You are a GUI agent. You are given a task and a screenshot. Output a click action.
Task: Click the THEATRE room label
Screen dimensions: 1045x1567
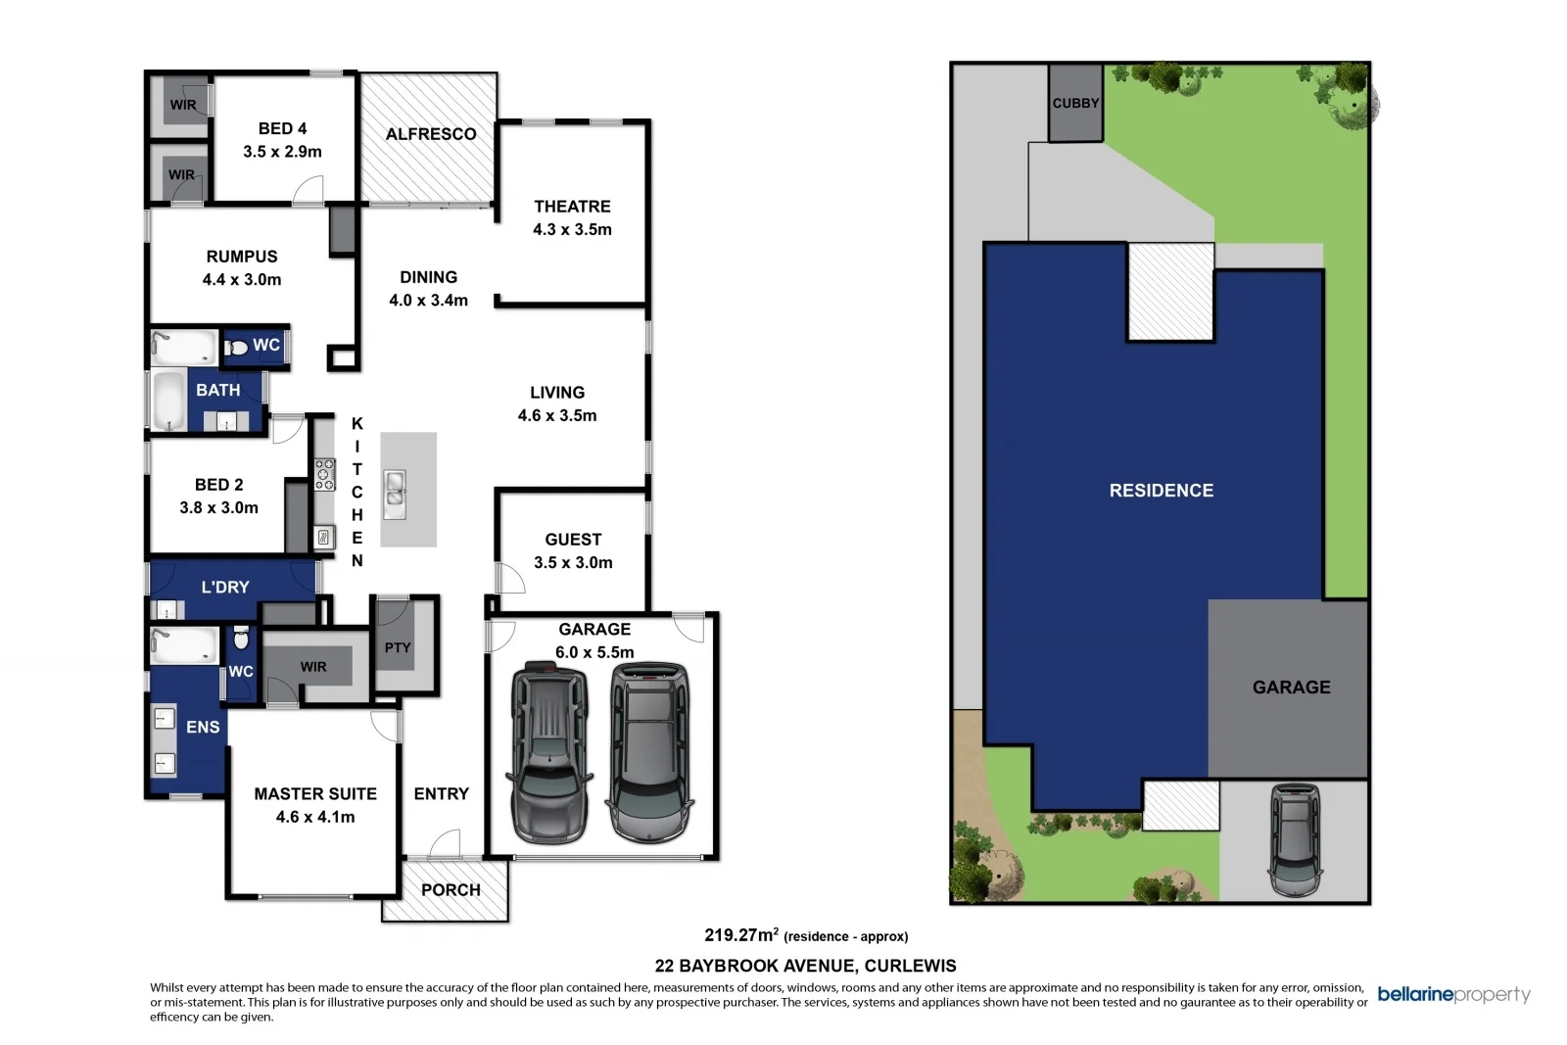click(572, 207)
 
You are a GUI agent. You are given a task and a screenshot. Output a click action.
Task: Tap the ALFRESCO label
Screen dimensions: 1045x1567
click(431, 134)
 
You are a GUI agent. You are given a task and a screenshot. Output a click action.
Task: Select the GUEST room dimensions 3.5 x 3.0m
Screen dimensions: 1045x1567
click(573, 562)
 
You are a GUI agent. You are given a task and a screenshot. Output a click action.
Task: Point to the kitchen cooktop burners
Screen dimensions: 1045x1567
click(324, 475)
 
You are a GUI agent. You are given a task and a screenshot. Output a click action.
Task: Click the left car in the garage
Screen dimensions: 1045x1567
click(549, 752)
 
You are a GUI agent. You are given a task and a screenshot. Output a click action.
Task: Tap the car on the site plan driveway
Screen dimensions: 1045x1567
click(1294, 839)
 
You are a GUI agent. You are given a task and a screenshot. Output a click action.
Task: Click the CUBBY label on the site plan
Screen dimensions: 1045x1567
click(1075, 103)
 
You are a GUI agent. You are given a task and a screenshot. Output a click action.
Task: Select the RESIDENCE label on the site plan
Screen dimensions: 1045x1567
click(1161, 491)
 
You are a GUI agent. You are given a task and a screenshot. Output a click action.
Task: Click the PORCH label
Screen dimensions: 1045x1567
click(451, 890)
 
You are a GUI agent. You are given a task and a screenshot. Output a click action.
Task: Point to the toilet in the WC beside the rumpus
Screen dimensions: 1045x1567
click(236, 347)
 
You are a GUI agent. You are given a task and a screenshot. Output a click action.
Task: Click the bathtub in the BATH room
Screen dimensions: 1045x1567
click(168, 400)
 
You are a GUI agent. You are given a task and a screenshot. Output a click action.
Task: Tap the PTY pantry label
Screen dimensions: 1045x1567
click(398, 647)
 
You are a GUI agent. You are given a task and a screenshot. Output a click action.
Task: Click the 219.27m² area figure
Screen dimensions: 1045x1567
click(741, 935)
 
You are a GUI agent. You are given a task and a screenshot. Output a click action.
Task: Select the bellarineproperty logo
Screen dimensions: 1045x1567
click(1453, 995)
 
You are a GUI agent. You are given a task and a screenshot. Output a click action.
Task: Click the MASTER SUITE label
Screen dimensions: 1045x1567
click(315, 794)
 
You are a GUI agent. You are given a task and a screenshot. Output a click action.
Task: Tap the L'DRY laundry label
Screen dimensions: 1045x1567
click(225, 588)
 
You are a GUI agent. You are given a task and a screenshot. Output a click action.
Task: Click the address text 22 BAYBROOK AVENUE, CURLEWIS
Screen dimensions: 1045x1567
click(805, 966)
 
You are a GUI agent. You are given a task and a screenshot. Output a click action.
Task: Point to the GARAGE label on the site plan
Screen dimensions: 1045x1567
click(1291, 688)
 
